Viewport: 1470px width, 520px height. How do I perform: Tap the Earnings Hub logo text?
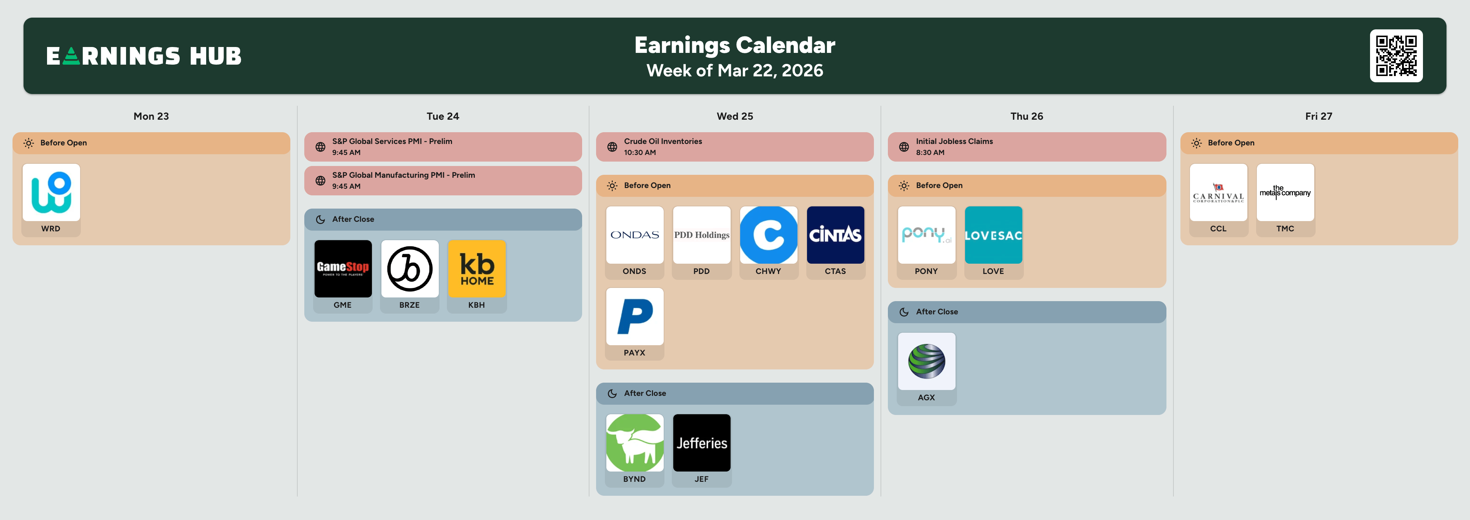coord(144,56)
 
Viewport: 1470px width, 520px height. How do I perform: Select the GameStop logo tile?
coord(343,268)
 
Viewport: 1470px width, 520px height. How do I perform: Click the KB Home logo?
coord(477,268)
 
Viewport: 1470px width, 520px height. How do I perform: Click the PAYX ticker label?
coord(635,353)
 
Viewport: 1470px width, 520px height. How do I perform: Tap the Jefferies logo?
coord(702,443)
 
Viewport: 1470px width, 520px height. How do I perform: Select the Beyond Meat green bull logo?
coord(635,443)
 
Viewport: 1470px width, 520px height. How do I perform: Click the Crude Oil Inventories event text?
coord(663,141)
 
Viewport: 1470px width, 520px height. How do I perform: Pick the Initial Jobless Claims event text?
coord(954,141)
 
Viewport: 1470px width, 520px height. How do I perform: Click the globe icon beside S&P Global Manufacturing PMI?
coord(321,181)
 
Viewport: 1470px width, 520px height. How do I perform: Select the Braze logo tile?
coord(410,268)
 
